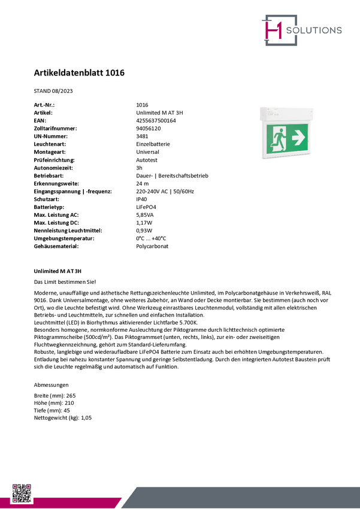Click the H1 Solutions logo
[x=301, y=30]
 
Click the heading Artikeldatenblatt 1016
[x=79, y=73]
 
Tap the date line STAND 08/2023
[x=54, y=91]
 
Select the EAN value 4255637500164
[x=156, y=120]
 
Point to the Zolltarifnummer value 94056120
[x=149, y=128]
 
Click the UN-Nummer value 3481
[x=143, y=136]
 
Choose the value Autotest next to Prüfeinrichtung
[x=147, y=160]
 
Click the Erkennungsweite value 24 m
[x=143, y=183]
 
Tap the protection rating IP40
[x=142, y=199]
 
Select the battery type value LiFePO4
[x=147, y=207]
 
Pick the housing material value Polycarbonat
[x=152, y=246]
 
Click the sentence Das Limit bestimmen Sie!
[x=65, y=281]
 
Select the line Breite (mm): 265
[x=55, y=396]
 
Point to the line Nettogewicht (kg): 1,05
[x=63, y=417]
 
